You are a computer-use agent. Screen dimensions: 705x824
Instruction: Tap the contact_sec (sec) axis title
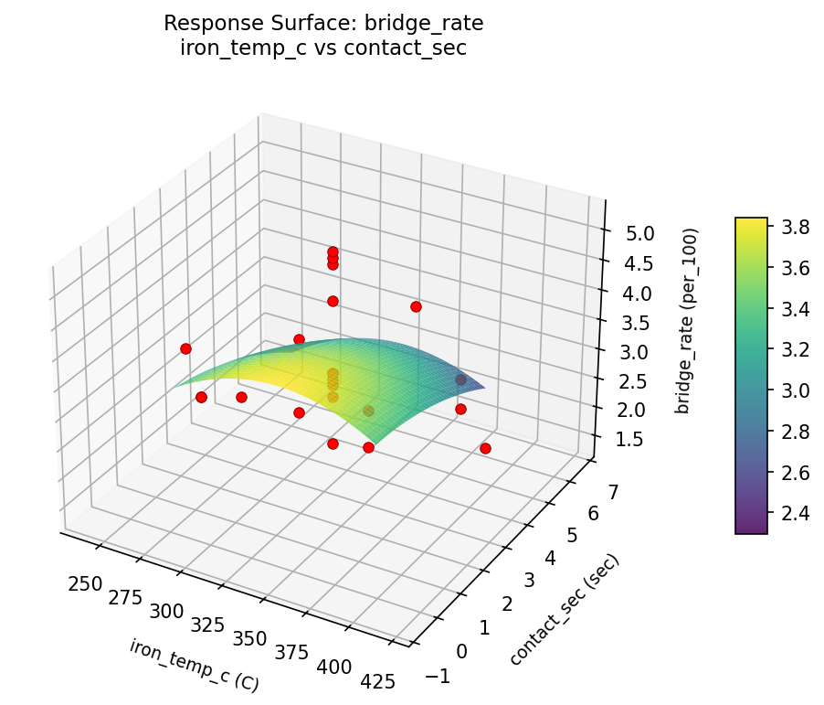tap(565, 610)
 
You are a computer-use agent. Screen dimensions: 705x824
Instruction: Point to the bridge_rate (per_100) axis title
tap(682, 320)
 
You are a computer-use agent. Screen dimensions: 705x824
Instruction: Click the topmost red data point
tap(333, 252)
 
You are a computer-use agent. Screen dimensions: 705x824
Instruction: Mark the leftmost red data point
tap(185, 348)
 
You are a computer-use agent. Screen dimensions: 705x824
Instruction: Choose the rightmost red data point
tap(485, 448)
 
